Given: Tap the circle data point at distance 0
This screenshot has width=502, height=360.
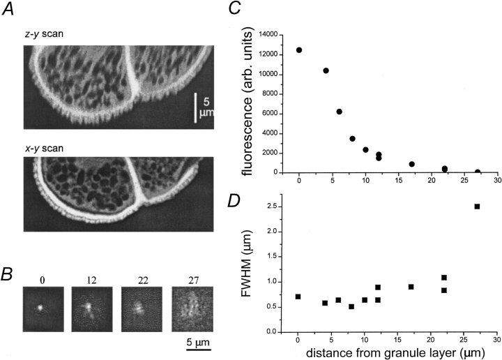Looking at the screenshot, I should pyautogui.click(x=299, y=50).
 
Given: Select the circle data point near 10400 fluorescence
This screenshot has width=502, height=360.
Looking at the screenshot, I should pyautogui.click(x=326, y=70).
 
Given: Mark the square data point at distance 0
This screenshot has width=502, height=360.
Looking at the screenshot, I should pyautogui.click(x=298, y=297).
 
